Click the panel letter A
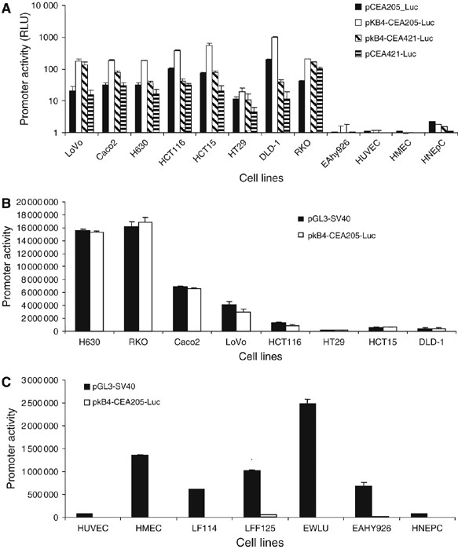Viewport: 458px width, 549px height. [x=8, y=8]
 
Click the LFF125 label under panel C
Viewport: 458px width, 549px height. [x=252, y=527]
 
